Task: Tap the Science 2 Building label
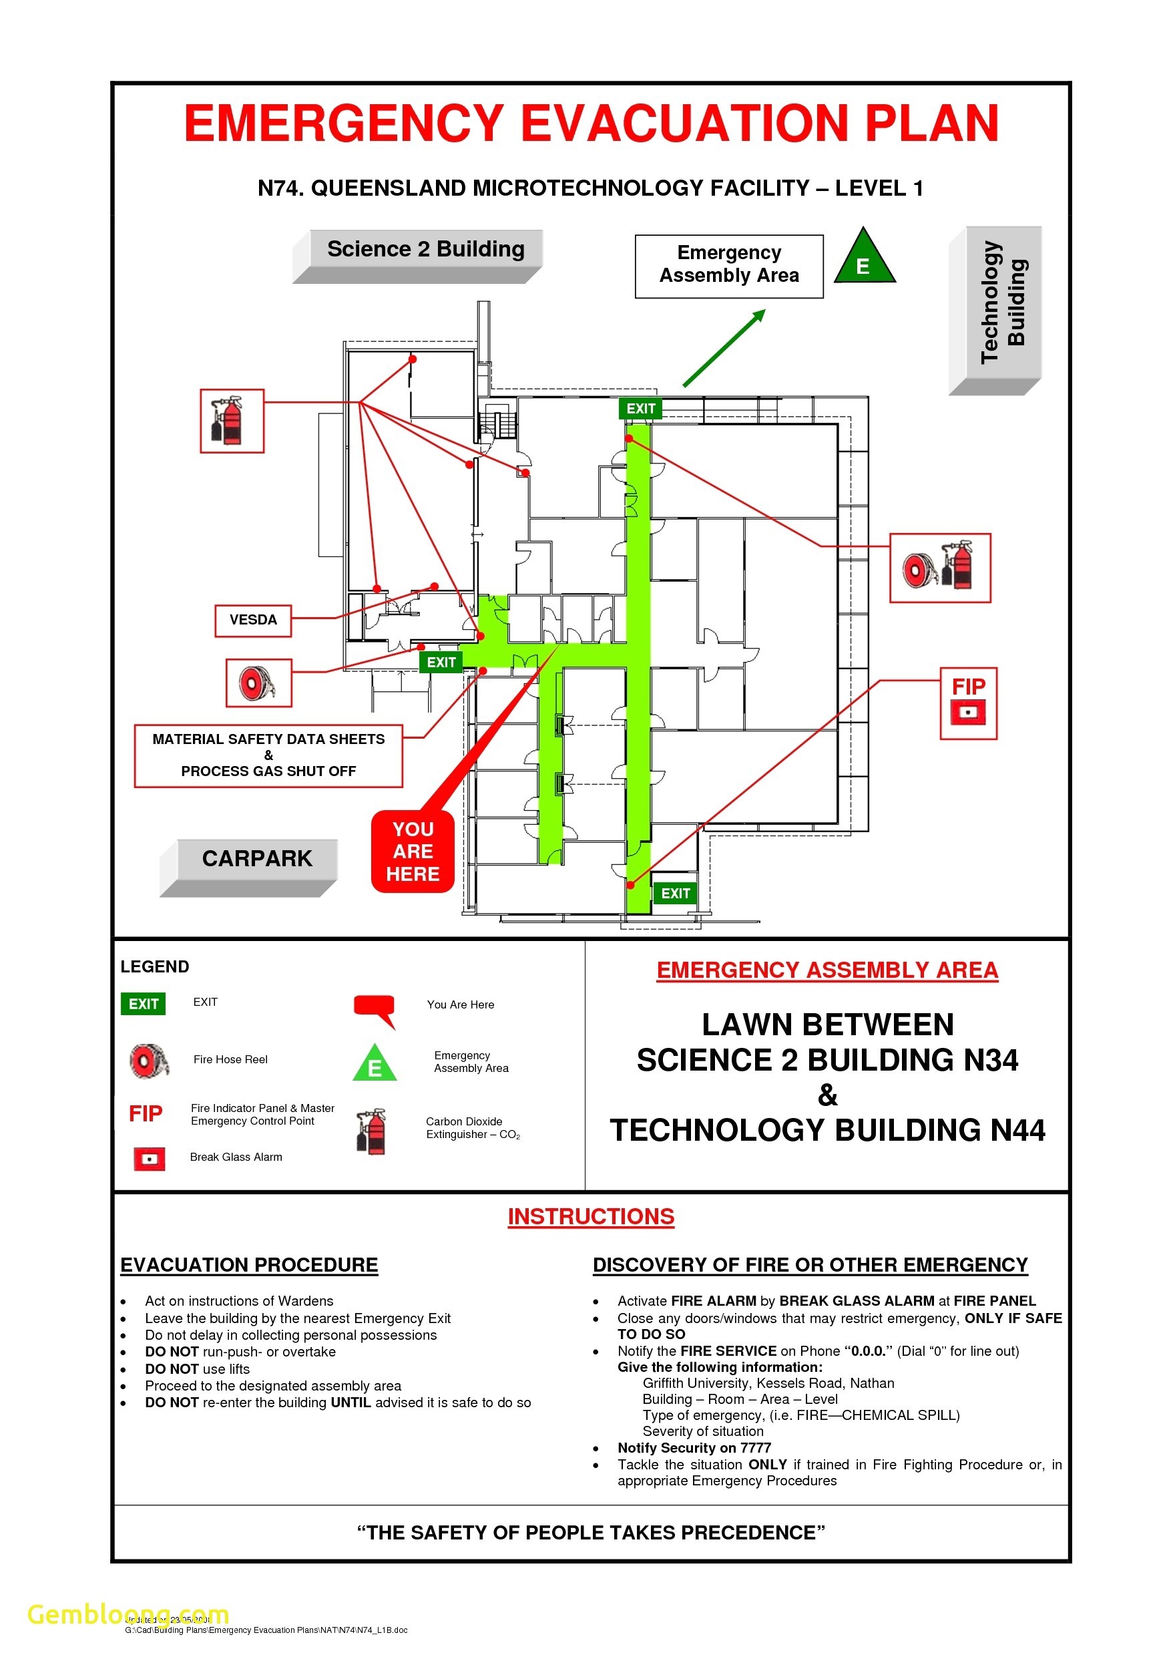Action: [x=425, y=249]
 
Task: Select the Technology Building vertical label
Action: [x=1003, y=303]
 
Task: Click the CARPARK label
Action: [x=257, y=859]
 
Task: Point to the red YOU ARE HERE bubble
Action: [x=413, y=852]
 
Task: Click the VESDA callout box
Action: [x=252, y=620]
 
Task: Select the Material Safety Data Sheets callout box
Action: [x=268, y=755]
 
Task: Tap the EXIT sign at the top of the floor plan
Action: [x=640, y=409]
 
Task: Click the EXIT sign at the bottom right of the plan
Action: [x=676, y=894]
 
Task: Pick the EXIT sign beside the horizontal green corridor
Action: [x=441, y=662]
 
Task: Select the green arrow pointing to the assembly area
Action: [x=724, y=349]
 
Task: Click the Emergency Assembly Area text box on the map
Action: [x=729, y=265]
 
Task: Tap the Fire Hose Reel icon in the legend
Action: [x=150, y=1060]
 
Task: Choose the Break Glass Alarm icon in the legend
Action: [x=150, y=1158]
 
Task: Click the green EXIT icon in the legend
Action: [x=143, y=1004]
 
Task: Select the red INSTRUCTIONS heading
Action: [x=590, y=1216]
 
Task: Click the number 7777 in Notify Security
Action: [x=756, y=1448]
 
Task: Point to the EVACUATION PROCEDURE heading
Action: [x=249, y=1265]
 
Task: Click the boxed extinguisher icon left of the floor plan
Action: [x=232, y=421]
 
